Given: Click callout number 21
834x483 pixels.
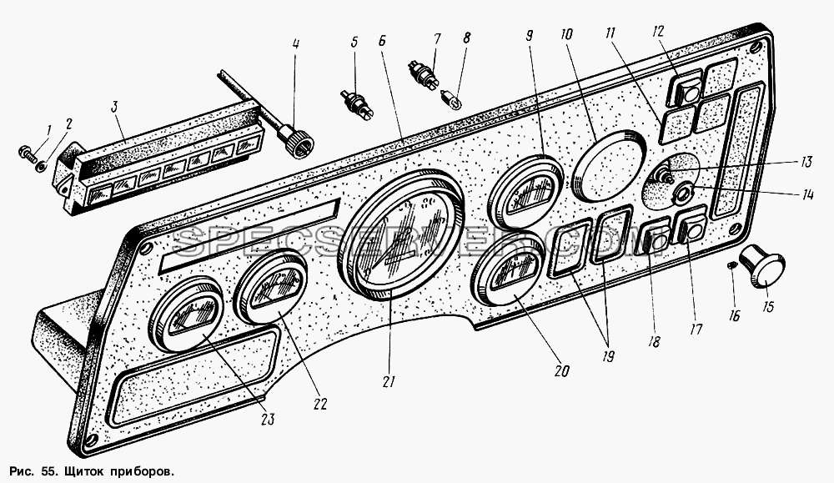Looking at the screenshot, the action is (x=389, y=381).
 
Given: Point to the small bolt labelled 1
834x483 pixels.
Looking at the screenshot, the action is (x=28, y=153).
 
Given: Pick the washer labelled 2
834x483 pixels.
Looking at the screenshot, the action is (x=39, y=167).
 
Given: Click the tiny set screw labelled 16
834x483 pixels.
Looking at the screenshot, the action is (x=732, y=264).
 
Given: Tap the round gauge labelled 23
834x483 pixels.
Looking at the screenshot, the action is (x=185, y=314).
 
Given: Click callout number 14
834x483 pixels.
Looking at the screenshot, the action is (x=807, y=194).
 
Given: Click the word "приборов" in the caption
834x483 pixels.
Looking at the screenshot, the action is (x=143, y=472).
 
